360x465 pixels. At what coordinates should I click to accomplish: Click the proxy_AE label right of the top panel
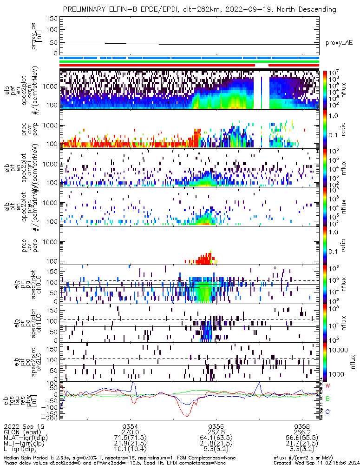[339, 43]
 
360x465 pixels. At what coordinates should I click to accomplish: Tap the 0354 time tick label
[130, 426]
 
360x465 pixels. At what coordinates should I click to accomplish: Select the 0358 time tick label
[302, 426]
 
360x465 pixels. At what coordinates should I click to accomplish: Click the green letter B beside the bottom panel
[327, 399]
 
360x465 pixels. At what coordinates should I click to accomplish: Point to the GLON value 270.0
[130, 431]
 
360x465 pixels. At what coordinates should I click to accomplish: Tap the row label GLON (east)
[21, 431]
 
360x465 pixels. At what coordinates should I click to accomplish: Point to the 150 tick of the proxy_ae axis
[52, 19]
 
